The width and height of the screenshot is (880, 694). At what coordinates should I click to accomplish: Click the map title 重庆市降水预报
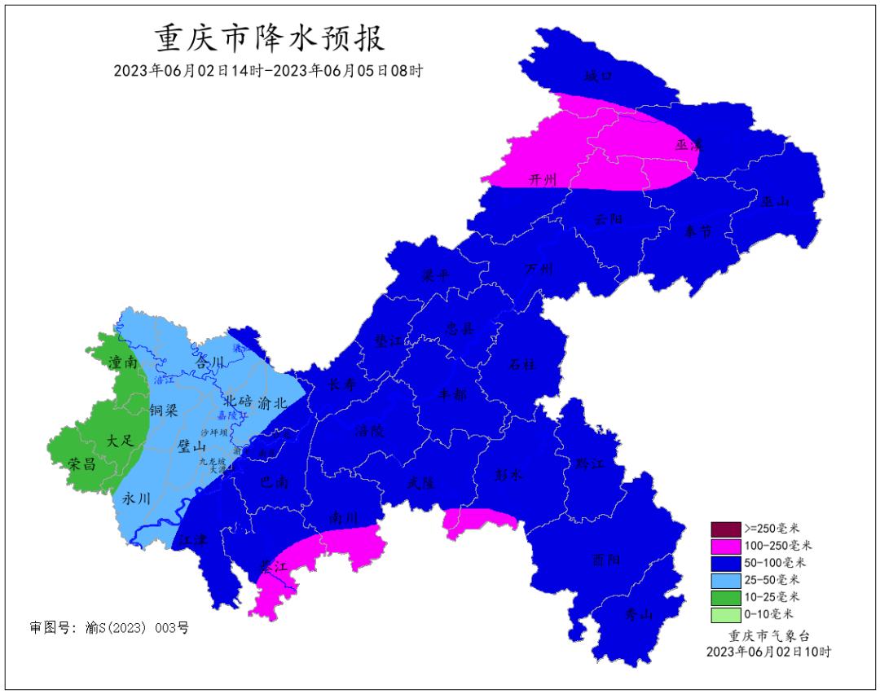269,38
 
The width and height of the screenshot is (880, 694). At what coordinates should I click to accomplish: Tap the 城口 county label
598,77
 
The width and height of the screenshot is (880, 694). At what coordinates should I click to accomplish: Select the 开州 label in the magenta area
543,180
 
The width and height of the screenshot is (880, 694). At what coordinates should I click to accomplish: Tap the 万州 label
538,269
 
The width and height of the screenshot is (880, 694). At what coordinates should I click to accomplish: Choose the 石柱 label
522,364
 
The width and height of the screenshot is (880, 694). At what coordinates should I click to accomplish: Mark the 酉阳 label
607,560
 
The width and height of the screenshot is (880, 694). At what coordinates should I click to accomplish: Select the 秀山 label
639,615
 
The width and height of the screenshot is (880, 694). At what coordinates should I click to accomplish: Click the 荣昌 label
82,463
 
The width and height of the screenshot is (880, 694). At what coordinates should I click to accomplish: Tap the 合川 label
210,362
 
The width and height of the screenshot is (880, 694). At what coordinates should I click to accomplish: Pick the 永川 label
136,498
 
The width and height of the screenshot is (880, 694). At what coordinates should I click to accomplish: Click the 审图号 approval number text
109,628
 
